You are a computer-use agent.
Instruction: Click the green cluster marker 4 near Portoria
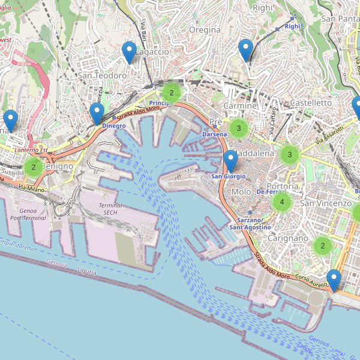coord(281,203)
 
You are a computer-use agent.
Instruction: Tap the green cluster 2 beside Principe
coord(172,92)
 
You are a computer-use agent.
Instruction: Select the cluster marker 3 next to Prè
coord(239,128)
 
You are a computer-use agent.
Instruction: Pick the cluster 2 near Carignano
coord(323,245)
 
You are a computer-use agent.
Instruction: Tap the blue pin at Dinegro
coord(97,114)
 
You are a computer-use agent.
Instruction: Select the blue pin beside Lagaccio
coord(129,53)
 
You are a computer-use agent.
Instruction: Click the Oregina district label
coord(205,29)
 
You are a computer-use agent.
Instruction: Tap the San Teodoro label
coord(102,76)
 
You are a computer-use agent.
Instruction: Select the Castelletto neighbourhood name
coord(310,103)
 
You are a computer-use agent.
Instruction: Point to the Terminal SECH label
coord(110,209)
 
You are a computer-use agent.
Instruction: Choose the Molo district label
coord(241,191)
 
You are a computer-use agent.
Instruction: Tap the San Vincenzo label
coord(326,203)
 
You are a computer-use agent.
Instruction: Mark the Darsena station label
coord(215,134)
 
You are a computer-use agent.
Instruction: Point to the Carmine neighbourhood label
coord(240,106)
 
